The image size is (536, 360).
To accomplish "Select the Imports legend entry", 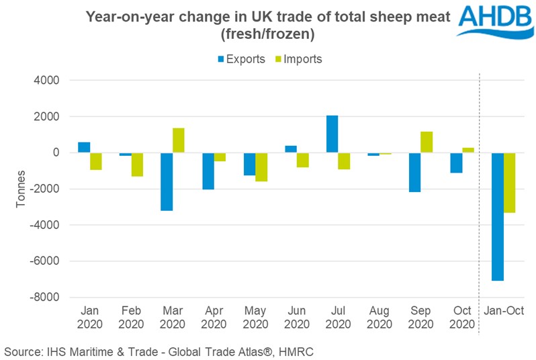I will click(x=295, y=59).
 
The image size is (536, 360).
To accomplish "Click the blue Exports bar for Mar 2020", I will click(x=167, y=181).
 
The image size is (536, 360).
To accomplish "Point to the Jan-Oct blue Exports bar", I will click(x=497, y=216).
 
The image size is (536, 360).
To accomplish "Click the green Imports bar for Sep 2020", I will click(x=427, y=142).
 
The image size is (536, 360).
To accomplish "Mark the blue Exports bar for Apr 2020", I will click(x=208, y=171).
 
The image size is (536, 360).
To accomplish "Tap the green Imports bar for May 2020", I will click(x=262, y=167).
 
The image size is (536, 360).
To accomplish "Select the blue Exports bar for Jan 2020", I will click(x=84, y=148).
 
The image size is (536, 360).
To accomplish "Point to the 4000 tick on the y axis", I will click(x=47, y=81).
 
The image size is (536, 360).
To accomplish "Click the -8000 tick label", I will click(x=45, y=297).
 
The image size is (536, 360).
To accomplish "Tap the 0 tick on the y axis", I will click(x=57, y=152).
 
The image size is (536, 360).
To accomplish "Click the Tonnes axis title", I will click(x=21, y=189).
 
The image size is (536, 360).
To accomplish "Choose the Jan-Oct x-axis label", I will click(x=504, y=312).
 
